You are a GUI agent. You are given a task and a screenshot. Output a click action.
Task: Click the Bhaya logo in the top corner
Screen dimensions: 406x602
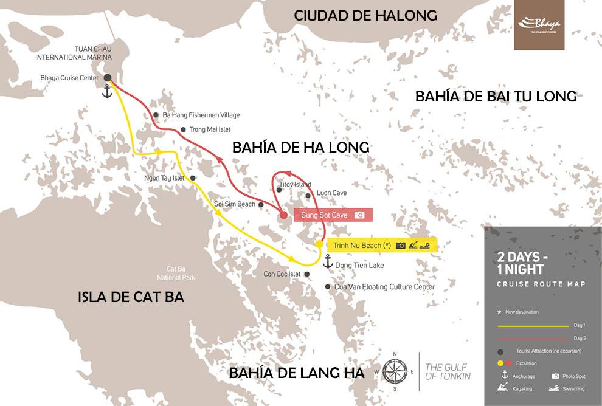click(x=539, y=25)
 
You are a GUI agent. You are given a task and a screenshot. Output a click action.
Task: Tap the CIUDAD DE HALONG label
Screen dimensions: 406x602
click(x=365, y=16)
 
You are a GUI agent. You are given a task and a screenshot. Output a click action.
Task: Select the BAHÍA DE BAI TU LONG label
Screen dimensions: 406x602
click(x=496, y=96)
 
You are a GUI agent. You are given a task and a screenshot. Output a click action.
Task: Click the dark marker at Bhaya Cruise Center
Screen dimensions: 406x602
click(x=107, y=78)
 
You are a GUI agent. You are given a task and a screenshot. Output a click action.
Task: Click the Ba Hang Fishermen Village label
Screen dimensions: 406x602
click(x=201, y=115)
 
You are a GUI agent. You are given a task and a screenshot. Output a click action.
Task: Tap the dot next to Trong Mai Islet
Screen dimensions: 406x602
click(x=184, y=129)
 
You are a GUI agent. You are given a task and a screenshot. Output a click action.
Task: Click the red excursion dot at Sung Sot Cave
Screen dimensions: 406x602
click(x=284, y=215)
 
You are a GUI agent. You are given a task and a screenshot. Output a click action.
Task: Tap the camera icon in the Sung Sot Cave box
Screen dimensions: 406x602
click(x=359, y=215)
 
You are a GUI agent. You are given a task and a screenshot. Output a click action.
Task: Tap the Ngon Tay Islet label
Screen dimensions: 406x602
click(x=164, y=178)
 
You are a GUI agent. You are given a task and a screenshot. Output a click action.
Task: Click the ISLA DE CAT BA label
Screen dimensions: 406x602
click(x=131, y=297)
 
